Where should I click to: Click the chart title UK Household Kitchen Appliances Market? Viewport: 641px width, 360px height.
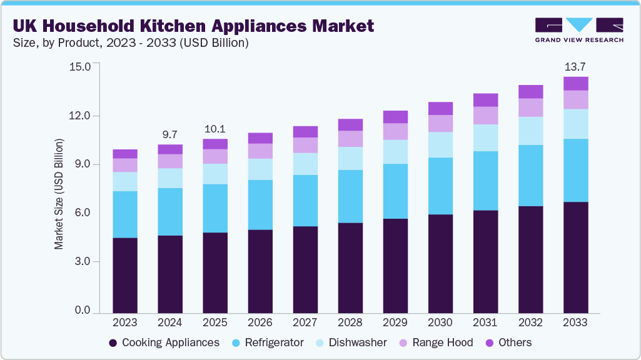click(193, 26)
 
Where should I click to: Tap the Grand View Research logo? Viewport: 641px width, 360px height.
click(578, 30)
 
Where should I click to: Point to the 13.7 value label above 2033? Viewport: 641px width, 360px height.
click(575, 66)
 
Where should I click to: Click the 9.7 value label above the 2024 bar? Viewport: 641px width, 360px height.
click(169, 134)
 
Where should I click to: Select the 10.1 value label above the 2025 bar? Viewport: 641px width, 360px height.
click(215, 129)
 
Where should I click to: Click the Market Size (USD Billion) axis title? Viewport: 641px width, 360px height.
click(59, 194)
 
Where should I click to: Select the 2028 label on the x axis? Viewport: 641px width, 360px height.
click(350, 323)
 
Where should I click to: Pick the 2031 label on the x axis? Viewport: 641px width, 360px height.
click(485, 323)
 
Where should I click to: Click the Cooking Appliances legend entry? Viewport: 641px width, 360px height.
click(164, 342)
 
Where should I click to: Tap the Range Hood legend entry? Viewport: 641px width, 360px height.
click(437, 342)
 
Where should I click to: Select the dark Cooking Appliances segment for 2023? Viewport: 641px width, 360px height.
click(125, 275)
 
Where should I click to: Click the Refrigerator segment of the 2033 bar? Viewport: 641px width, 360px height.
click(575, 170)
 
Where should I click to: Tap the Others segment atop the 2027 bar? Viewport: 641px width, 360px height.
click(305, 131)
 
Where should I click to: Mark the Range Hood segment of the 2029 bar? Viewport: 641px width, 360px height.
click(395, 131)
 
